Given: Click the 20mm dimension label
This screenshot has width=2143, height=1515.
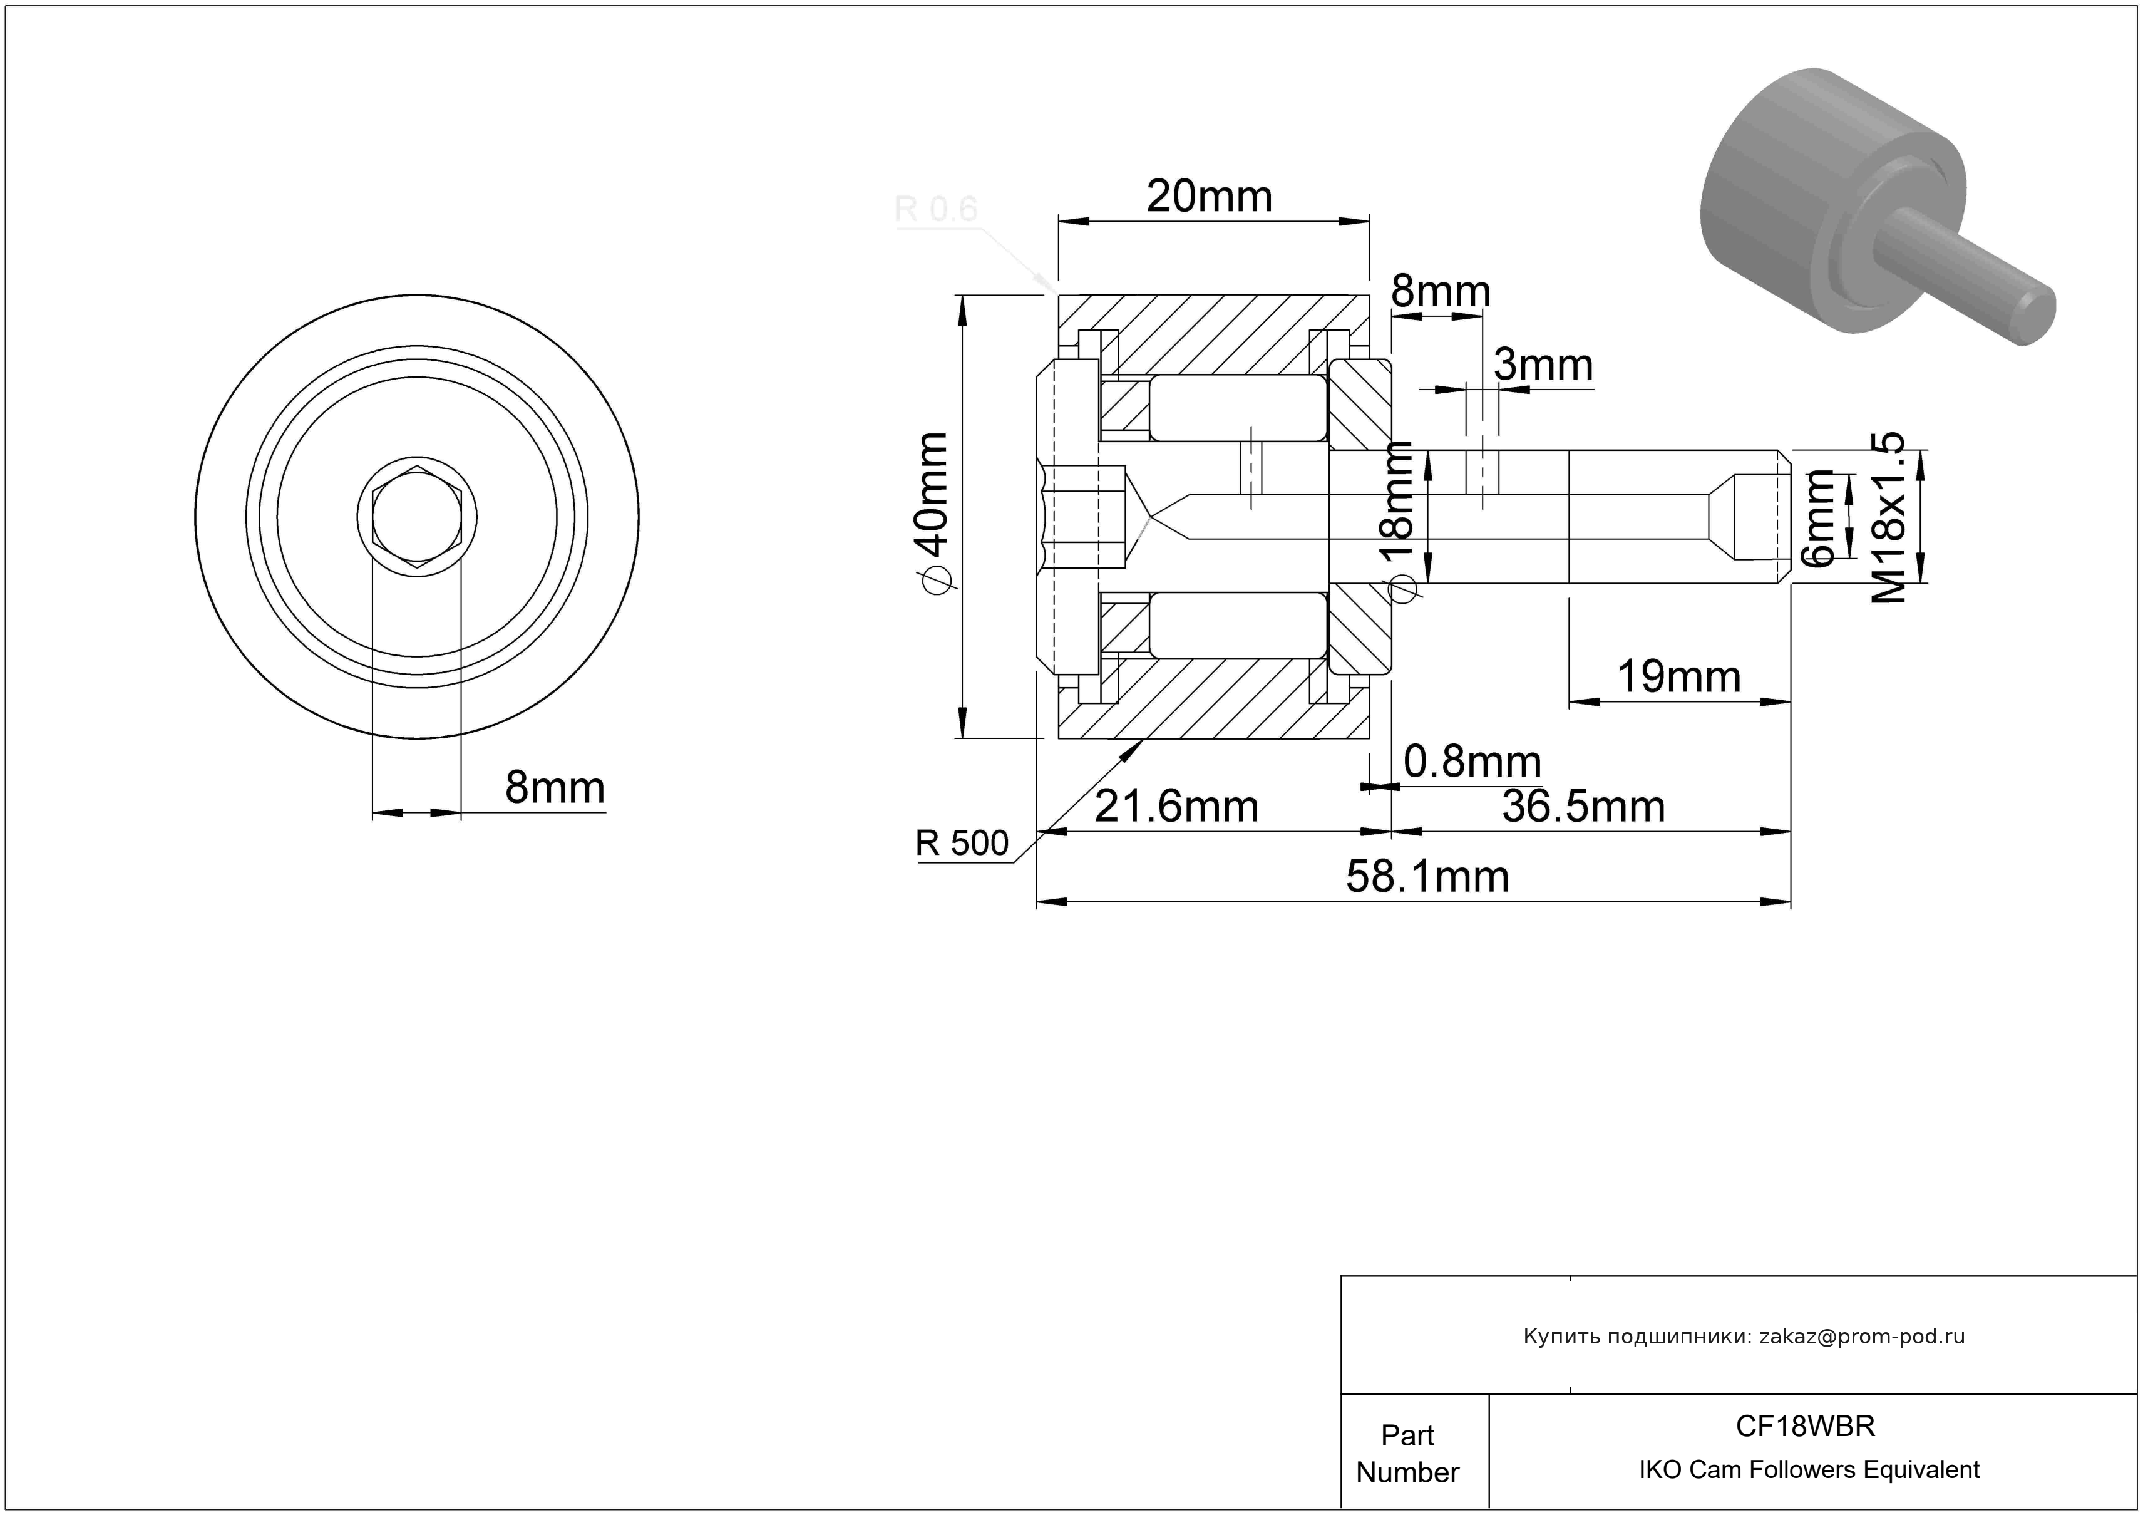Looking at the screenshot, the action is (x=1209, y=197).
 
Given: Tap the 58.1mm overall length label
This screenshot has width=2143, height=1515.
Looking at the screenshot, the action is (x=1427, y=877).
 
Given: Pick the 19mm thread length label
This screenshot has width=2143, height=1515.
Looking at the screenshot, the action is (x=1678, y=677).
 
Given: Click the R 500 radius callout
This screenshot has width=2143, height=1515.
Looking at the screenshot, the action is (x=962, y=843).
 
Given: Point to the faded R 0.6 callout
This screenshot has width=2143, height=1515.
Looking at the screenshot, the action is (x=936, y=209).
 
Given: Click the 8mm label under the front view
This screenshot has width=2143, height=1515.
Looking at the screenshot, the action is (x=555, y=788).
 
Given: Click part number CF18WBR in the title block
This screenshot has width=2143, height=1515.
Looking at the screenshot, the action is (x=1805, y=1426).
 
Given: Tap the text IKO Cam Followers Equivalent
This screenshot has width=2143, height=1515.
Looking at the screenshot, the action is (x=1809, y=1470).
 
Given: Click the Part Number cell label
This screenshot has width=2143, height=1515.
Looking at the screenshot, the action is (x=1407, y=1454).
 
